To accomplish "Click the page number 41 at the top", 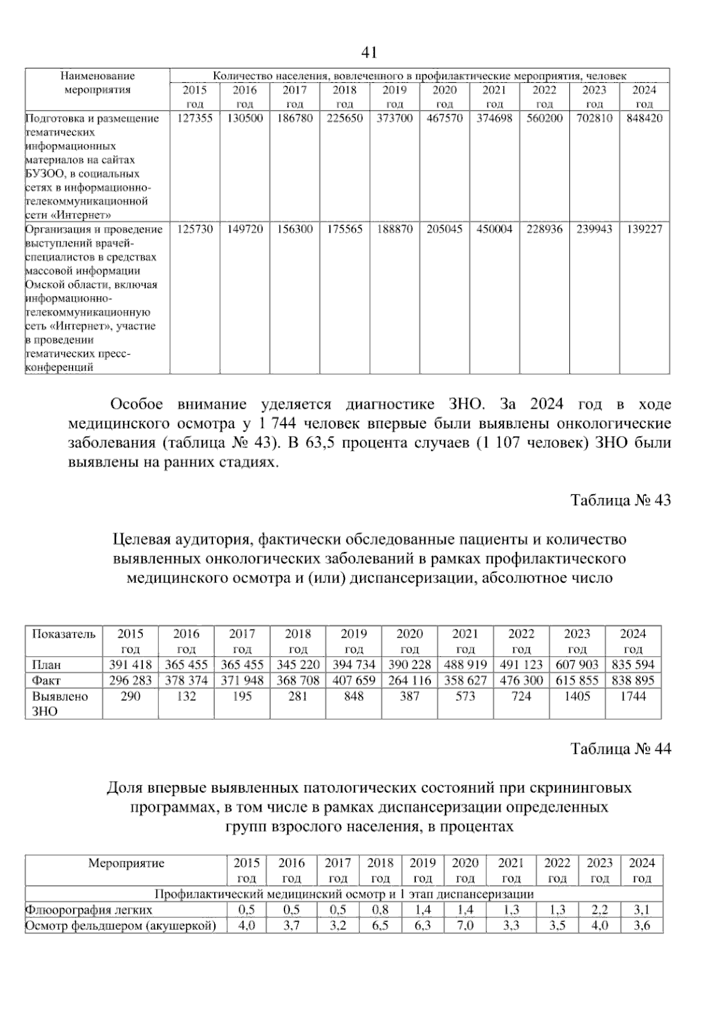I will point(369,53).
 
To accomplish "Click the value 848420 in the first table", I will point(644,118).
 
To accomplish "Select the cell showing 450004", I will point(494,229).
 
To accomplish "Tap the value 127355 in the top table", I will point(195,118).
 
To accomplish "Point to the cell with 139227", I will point(644,229).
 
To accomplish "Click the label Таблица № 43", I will point(621,500).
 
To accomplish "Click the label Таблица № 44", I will point(621,749).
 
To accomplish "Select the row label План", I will point(46,665).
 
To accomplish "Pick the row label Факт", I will point(46,681).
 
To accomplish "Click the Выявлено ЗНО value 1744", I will point(632,697).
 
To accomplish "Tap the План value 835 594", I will point(632,665).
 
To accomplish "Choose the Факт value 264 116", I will point(409,681).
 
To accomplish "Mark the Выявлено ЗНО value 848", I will point(353,697).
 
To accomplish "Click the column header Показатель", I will point(64,634).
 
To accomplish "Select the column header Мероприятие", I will point(126,863).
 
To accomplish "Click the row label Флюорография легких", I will point(89,910).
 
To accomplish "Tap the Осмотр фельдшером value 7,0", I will point(465,926).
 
